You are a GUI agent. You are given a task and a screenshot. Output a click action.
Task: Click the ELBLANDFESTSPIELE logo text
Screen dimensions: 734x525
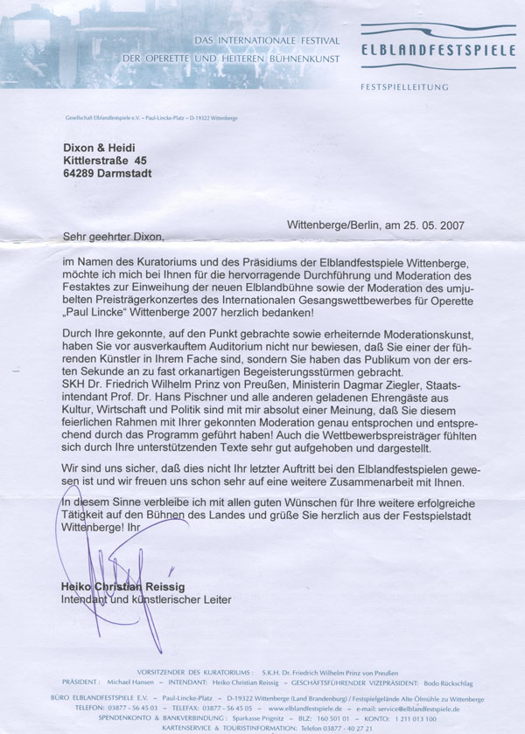(x=438, y=52)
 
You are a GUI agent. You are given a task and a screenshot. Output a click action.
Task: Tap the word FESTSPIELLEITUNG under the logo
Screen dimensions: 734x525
(x=403, y=87)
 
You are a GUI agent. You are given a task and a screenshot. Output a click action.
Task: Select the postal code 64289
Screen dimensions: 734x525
(x=83, y=174)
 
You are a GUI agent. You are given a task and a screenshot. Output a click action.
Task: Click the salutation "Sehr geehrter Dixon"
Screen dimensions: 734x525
(x=113, y=235)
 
